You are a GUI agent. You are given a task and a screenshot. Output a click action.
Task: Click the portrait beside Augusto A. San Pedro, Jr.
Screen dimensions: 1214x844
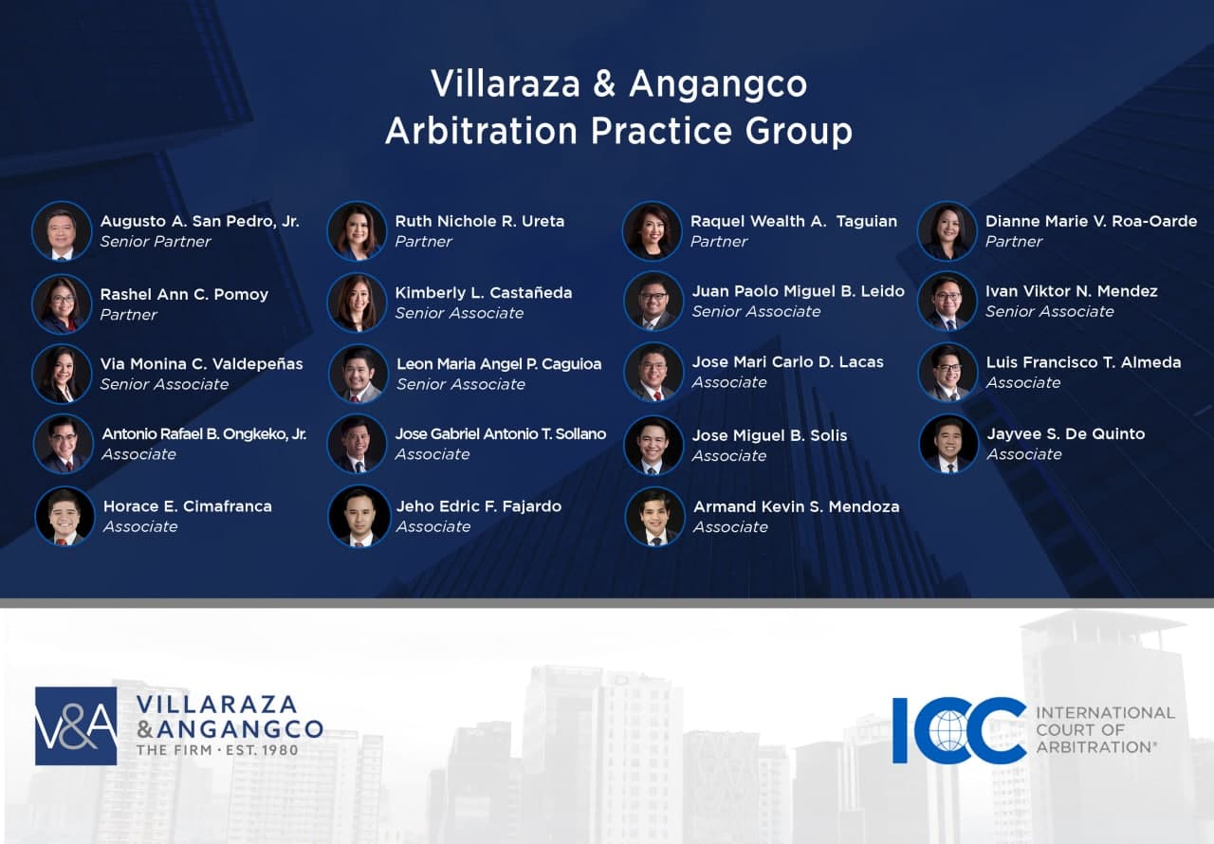click(x=62, y=231)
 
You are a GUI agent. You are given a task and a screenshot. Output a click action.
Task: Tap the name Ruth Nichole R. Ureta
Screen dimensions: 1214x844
click(x=480, y=221)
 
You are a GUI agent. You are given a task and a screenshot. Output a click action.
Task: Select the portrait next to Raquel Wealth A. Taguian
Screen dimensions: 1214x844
click(x=652, y=231)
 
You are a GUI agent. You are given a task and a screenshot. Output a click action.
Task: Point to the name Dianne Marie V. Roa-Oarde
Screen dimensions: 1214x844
click(x=1091, y=221)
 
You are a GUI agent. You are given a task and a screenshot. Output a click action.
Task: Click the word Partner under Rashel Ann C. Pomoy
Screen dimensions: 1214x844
click(x=128, y=314)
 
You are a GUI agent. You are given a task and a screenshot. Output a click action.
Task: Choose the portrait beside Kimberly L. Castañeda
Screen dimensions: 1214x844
click(x=357, y=303)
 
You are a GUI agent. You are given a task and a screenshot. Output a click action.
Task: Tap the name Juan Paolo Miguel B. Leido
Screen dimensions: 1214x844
click(x=799, y=291)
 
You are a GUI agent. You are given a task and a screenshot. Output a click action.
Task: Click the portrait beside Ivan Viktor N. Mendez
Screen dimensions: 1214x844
click(x=947, y=302)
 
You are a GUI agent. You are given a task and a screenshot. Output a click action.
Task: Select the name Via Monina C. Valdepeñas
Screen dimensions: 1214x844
click(x=202, y=364)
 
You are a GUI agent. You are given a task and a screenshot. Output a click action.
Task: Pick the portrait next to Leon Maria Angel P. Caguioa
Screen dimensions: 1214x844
click(x=359, y=374)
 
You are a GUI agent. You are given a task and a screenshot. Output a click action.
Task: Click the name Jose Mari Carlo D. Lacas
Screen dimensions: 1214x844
click(x=787, y=362)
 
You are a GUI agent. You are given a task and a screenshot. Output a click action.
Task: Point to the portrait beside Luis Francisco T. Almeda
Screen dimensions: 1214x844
click(x=947, y=372)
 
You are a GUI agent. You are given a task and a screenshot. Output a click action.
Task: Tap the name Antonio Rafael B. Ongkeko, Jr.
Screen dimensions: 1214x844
click(x=204, y=434)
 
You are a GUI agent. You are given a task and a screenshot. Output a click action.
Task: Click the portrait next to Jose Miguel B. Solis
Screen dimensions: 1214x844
click(x=653, y=445)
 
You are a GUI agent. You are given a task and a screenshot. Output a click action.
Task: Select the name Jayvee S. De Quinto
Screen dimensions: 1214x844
click(x=1065, y=434)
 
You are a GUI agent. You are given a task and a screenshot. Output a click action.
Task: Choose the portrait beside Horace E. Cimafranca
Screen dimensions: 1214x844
click(x=64, y=516)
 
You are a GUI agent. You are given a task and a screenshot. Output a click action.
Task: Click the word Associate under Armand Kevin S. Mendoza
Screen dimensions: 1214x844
click(x=730, y=527)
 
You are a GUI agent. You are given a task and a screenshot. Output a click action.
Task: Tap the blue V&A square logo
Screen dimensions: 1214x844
click(x=76, y=725)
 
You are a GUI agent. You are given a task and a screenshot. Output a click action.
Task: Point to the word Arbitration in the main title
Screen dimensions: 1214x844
click(x=481, y=131)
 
